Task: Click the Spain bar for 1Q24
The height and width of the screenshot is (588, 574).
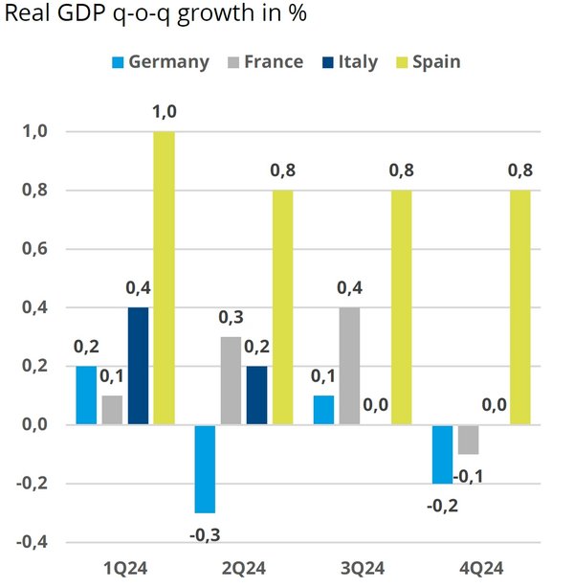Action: [164, 278]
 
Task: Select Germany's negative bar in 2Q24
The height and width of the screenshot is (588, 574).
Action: [204, 468]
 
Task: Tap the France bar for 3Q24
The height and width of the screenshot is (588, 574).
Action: [349, 366]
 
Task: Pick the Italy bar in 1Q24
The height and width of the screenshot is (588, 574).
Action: [138, 366]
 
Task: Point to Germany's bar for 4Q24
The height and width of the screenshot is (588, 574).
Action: [441, 454]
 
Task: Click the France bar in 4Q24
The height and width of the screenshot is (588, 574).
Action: [467, 440]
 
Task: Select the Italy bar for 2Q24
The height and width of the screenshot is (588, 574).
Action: [256, 395]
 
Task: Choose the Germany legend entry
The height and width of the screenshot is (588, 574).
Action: [160, 62]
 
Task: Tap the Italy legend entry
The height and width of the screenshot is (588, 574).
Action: [346, 62]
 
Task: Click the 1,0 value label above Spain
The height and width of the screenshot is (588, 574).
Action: [165, 112]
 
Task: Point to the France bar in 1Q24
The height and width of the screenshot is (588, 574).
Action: [112, 410]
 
